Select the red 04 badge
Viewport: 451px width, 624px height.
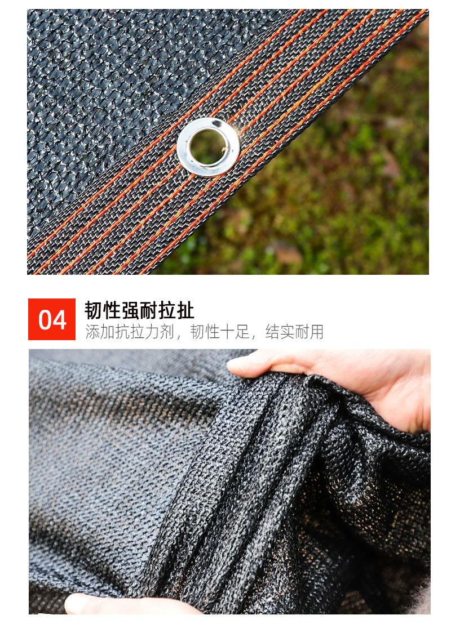click(x=52, y=319)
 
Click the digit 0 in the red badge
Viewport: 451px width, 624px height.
click(x=45, y=320)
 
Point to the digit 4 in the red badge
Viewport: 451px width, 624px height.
click(x=60, y=320)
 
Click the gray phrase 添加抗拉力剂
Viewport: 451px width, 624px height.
click(x=129, y=332)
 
